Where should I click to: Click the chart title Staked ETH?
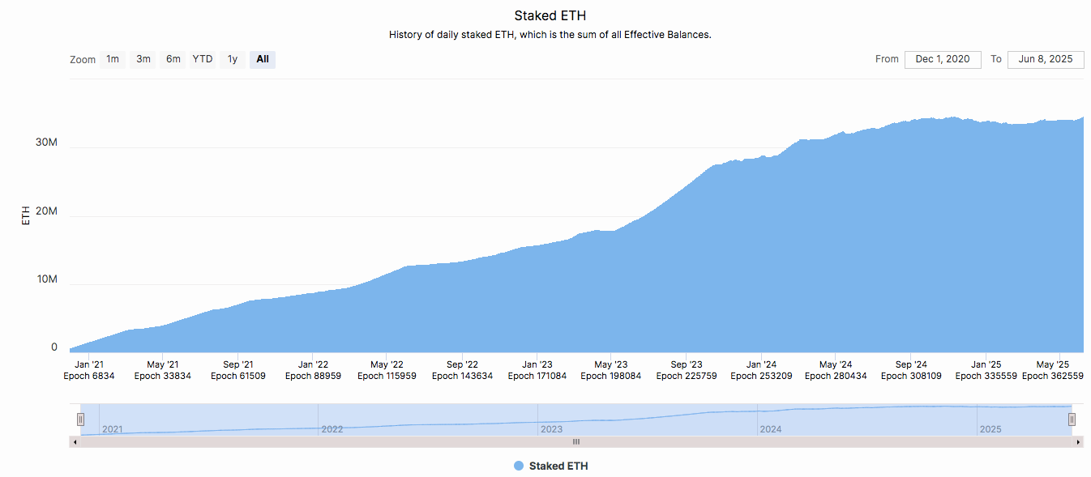[x=550, y=15]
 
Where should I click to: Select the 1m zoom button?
[x=113, y=59]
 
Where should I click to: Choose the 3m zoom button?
[x=143, y=59]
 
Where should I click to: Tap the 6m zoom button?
[x=173, y=59]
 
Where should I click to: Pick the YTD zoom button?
[x=203, y=59]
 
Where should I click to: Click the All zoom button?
[x=262, y=59]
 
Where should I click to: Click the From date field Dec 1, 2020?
[x=943, y=59]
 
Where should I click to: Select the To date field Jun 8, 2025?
[x=1046, y=59]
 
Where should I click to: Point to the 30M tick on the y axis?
[x=46, y=143]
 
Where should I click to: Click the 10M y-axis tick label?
[x=46, y=279]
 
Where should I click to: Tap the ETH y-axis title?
[x=26, y=215]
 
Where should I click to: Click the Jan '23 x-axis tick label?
[x=536, y=364]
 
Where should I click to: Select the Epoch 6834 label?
[x=89, y=376]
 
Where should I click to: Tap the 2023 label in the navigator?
[x=551, y=429]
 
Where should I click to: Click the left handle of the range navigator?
[x=80, y=419]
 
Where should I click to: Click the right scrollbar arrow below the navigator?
[x=1078, y=442]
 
